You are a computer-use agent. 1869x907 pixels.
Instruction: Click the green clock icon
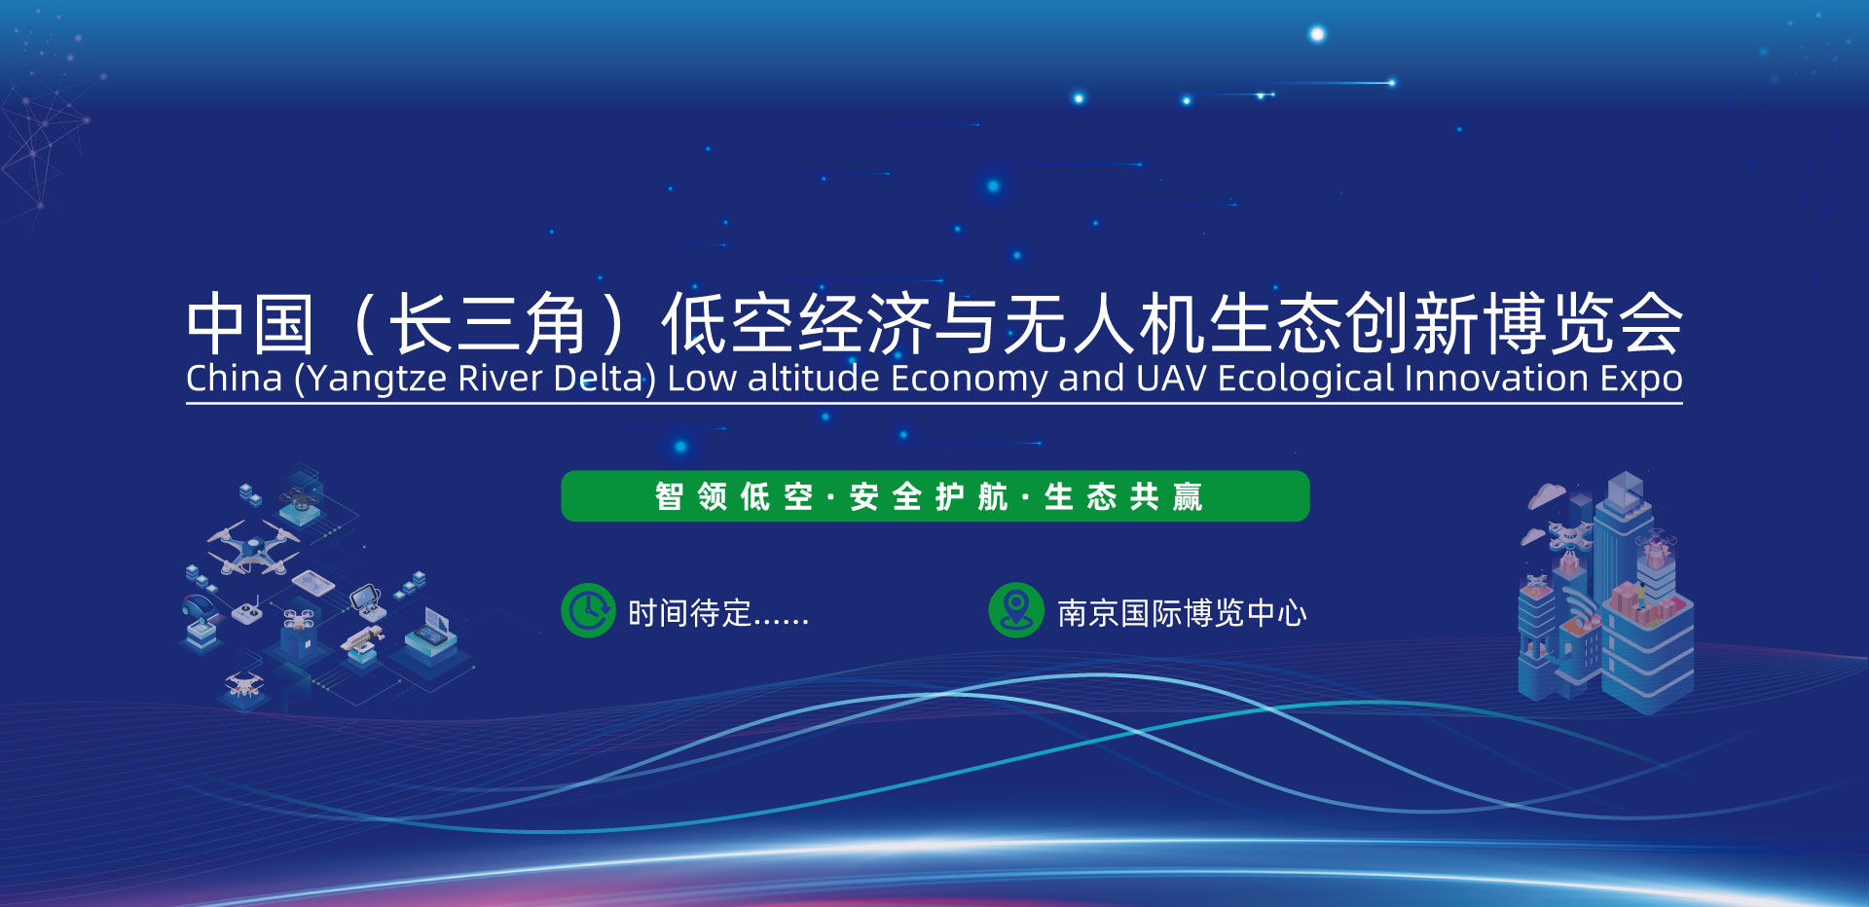click(588, 610)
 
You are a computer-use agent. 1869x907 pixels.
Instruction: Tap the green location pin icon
click(1016, 610)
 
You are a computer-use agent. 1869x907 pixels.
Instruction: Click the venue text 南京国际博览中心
click(1182, 613)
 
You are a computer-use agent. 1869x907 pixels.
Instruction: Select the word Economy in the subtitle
click(969, 379)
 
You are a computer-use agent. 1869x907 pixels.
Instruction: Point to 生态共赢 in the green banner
click(1123, 496)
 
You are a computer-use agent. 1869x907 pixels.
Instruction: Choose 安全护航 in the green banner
click(929, 496)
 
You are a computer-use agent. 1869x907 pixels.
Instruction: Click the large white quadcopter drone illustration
click(253, 547)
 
